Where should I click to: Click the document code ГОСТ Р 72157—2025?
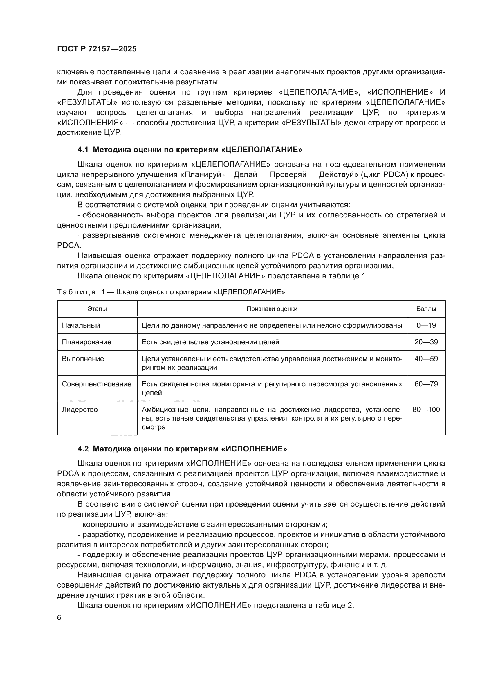click(x=97, y=49)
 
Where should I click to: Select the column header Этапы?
click(x=97, y=309)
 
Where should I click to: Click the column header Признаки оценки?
click(x=272, y=309)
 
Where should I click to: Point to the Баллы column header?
click(x=426, y=309)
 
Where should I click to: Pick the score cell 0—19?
click(x=426, y=325)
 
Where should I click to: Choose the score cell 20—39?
click(x=426, y=342)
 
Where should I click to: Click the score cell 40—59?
click(x=426, y=359)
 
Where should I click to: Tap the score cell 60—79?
click(x=426, y=384)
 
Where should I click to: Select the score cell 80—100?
click(x=426, y=410)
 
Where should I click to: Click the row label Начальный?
click(x=81, y=325)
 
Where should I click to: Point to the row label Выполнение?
click(x=83, y=359)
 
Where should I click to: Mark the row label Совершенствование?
click(x=96, y=384)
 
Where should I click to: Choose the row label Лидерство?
click(x=80, y=410)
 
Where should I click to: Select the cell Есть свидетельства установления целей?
click(x=210, y=342)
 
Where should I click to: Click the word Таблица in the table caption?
click(x=76, y=292)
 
